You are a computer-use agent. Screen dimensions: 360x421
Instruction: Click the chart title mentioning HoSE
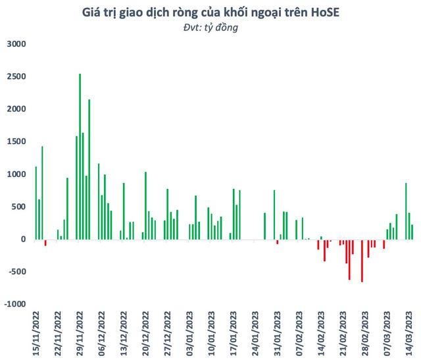pos(210,13)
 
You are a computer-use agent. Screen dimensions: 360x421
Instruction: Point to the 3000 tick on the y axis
pos(15,44)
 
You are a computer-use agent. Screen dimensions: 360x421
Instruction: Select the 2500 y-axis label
pos(15,77)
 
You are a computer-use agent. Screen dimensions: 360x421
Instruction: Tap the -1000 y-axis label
pos(14,304)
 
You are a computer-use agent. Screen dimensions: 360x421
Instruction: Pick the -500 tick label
pos(15,272)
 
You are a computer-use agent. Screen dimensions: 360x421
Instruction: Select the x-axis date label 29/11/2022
pos(80,332)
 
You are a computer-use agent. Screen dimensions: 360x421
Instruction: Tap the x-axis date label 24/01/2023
pos(256,332)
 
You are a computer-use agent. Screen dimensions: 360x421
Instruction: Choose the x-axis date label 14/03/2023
pos(410,332)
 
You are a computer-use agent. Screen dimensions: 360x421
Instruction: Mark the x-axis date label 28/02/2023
pos(366,332)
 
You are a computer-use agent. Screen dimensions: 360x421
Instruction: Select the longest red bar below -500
pos(362,261)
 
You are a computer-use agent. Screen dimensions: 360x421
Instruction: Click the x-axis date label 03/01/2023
pos(190,332)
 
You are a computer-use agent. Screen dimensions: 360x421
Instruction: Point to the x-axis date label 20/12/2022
pos(146,332)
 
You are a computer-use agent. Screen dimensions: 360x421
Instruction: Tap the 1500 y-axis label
pos(15,142)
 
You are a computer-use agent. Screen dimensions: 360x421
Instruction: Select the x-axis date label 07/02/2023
pos(300,332)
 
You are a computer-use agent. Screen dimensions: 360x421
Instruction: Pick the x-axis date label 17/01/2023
pos(234,332)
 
